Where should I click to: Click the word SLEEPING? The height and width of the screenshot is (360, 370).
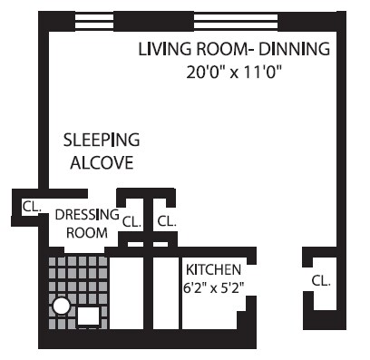pyautogui.click(x=101, y=141)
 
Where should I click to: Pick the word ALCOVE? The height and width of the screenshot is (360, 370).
pyautogui.click(x=102, y=163)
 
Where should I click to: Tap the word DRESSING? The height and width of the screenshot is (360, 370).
pyautogui.click(x=87, y=215)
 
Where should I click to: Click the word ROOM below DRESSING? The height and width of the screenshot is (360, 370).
pyautogui.click(x=87, y=233)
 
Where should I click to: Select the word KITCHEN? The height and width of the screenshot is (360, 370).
pyautogui.click(x=213, y=269)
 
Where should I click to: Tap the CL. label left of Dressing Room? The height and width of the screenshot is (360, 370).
pyautogui.click(x=32, y=206)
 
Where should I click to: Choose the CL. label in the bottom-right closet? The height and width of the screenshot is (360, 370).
pyautogui.click(x=320, y=280)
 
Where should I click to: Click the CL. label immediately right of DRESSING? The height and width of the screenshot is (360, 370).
pyautogui.click(x=131, y=220)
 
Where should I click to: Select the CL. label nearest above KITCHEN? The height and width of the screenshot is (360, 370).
pyautogui.click(x=166, y=220)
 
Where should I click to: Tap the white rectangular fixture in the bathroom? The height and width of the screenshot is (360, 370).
pyautogui.click(x=88, y=316)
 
